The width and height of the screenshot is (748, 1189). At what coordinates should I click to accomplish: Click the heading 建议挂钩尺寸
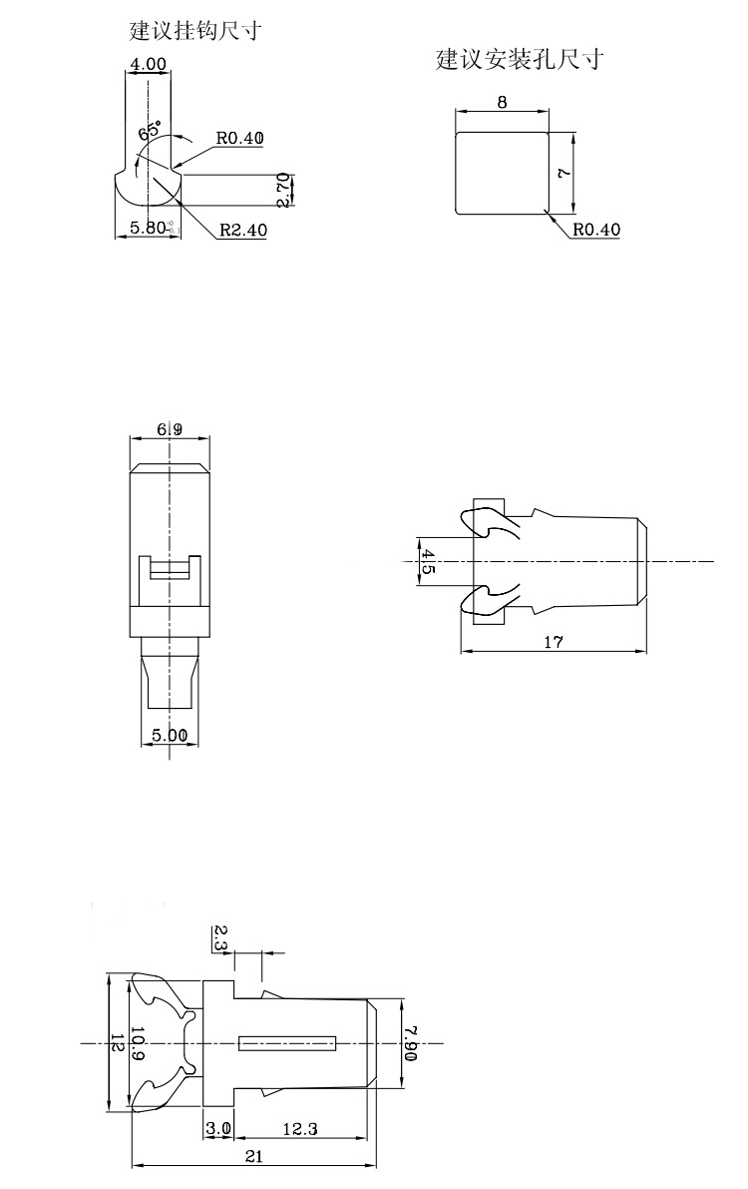coord(195,31)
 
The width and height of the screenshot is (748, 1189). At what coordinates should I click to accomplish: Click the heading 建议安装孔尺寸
coord(519,60)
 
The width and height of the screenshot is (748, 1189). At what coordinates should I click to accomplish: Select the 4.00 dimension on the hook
coord(148,65)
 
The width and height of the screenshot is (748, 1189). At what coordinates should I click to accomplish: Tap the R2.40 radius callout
coord(242,231)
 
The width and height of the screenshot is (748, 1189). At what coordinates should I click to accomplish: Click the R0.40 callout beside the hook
coord(239,139)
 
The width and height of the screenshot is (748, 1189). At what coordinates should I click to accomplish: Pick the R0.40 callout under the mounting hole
coord(596,230)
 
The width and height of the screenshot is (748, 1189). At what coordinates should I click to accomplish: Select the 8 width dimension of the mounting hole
coord(502,102)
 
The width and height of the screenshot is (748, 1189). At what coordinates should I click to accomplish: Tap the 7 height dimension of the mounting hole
coord(564,173)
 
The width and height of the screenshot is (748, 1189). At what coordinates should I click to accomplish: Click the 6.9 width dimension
coord(170,429)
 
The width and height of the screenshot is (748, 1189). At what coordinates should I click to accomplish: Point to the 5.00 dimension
coord(169,735)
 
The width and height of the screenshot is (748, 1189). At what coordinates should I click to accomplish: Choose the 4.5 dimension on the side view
coord(428,561)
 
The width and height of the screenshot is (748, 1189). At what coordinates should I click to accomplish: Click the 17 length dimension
coord(554,643)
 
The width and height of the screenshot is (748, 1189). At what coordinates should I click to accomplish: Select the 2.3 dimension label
coord(220,937)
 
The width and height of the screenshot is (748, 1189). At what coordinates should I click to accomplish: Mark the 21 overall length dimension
coord(253,1156)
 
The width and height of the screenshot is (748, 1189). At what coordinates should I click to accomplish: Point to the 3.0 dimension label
coord(217,1129)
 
